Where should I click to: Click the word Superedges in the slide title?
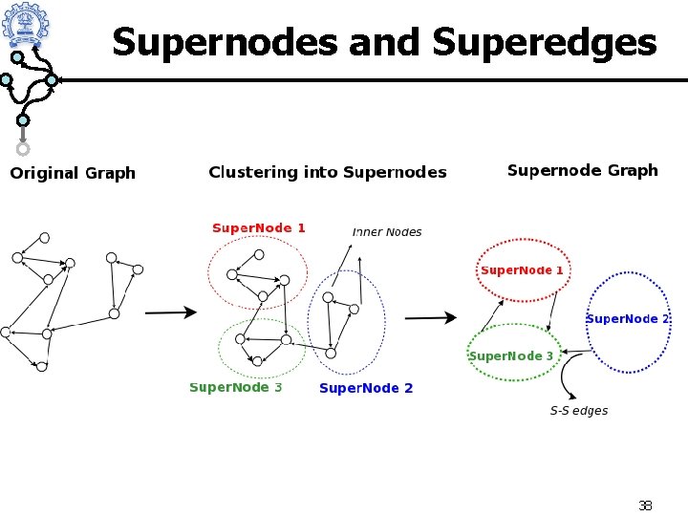[x=545, y=42]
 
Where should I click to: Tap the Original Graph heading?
[x=73, y=173]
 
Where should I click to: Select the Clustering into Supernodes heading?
[x=328, y=172]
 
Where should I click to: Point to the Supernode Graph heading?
[x=582, y=170]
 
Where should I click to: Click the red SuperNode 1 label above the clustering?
[x=259, y=227]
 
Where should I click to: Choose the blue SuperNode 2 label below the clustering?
[x=366, y=388]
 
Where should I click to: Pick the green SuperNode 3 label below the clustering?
[x=236, y=387]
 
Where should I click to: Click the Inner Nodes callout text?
[x=387, y=232]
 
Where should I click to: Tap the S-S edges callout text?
[x=579, y=411]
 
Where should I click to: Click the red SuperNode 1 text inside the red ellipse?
[x=522, y=270]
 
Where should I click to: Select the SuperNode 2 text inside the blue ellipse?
[x=628, y=318]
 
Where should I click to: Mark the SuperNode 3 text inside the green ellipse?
[x=511, y=356]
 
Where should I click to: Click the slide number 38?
[x=645, y=505]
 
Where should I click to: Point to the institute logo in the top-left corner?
[x=25, y=24]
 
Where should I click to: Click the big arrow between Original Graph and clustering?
[x=170, y=312]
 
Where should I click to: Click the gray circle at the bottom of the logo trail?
[x=23, y=149]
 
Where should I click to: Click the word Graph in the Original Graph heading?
[x=111, y=173]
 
